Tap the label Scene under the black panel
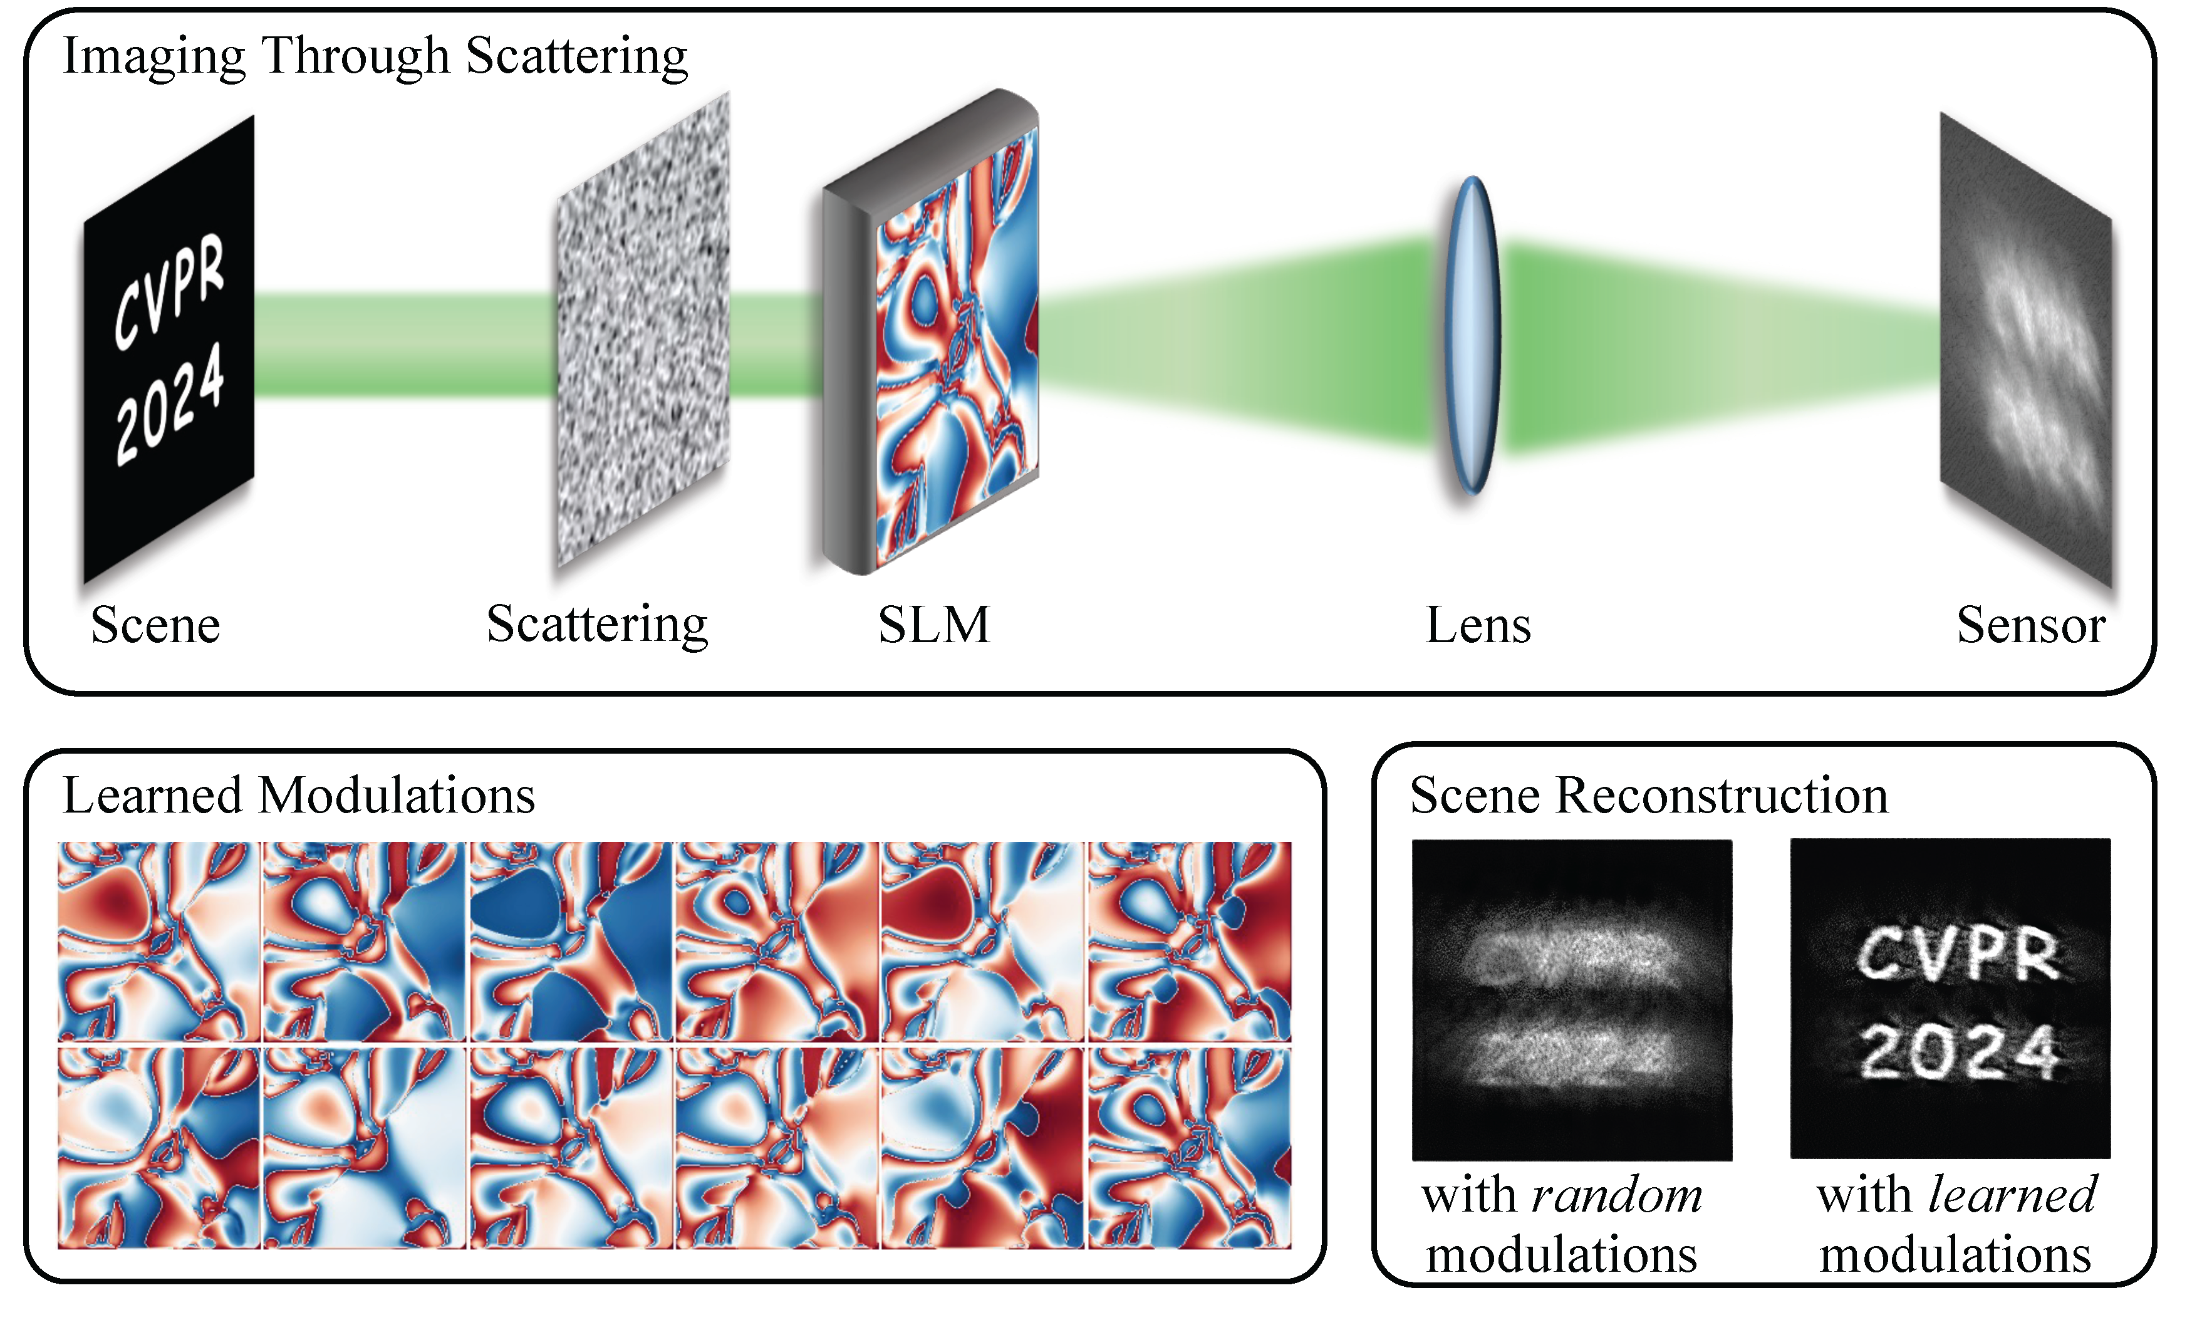pyautogui.click(x=155, y=625)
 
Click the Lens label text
pyautogui.click(x=1477, y=625)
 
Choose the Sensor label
pyautogui.click(x=2030, y=625)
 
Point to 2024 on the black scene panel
pyautogui.click(x=169, y=405)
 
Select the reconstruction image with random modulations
pyautogui.click(x=1571, y=999)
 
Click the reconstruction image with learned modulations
pyautogui.click(x=1950, y=998)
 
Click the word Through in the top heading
pyautogui.click(x=356, y=55)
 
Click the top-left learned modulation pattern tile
pyautogui.click(x=158, y=941)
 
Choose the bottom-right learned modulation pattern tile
pyautogui.click(x=1189, y=1148)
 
